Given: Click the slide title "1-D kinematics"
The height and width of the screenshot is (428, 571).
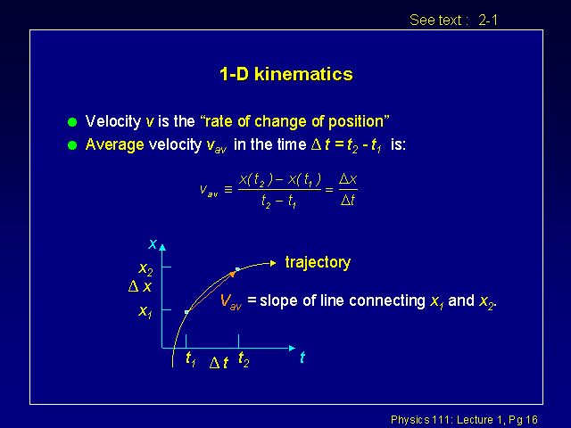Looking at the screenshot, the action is point(286,74).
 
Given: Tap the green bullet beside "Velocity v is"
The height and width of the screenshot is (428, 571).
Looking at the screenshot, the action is point(72,122).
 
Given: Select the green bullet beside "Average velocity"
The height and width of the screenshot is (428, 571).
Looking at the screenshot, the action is point(72,145).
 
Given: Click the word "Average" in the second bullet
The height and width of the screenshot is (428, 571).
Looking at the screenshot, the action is point(115,145).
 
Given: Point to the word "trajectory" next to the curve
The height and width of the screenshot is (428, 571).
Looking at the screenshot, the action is point(318,262).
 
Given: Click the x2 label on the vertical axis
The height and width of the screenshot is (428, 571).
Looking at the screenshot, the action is point(145,269).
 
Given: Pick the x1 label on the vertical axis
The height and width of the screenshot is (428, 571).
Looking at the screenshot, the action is point(145,311).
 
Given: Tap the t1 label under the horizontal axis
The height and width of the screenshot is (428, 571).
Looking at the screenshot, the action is point(191,359).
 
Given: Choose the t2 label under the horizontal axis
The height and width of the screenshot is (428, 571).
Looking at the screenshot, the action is point(244,359).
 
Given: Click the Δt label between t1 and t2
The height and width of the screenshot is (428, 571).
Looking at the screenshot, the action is point(219,363).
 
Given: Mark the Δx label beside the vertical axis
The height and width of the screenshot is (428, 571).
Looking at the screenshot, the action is point(140,286).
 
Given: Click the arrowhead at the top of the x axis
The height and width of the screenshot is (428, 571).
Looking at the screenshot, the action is point(162,248).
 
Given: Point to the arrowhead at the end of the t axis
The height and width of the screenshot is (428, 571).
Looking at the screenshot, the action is point(292,348).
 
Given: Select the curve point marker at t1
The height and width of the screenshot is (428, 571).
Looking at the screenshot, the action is point(186,312).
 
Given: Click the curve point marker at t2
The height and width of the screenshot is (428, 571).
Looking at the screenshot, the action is point(237,269).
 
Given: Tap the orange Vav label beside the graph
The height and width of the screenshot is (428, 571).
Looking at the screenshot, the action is point(231,301).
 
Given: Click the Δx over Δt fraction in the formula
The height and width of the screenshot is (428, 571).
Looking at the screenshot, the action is point(348,190).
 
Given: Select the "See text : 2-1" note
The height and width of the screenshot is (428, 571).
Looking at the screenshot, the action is point(453,20).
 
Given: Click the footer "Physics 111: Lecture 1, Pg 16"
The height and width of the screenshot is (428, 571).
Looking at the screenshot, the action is point(464,420).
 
